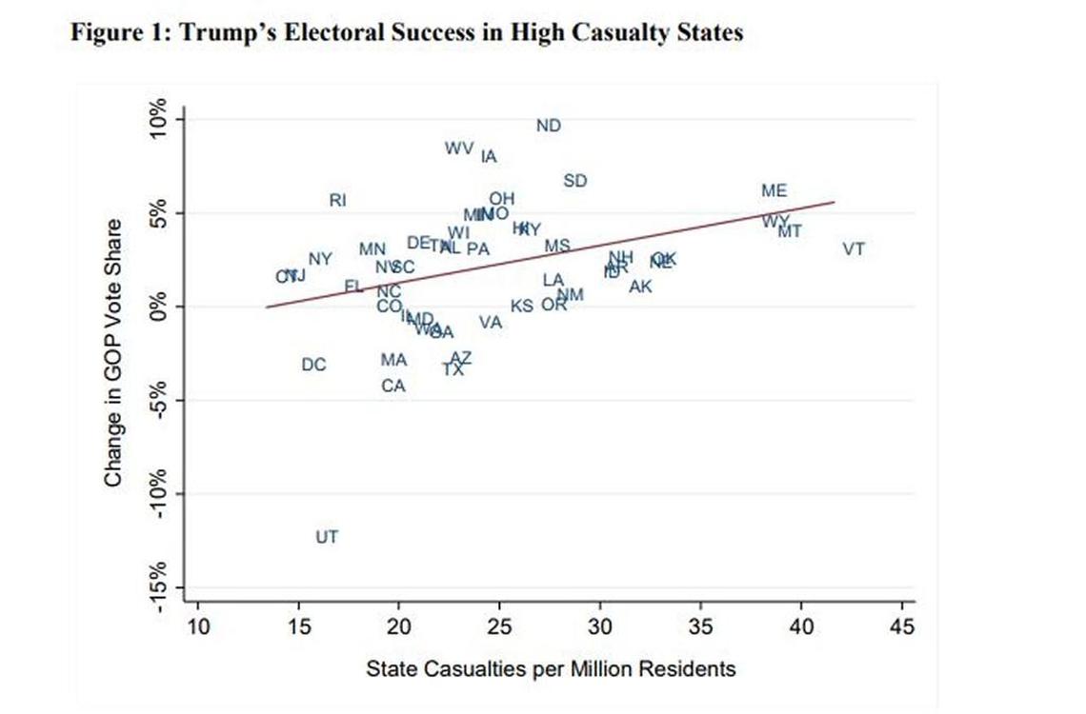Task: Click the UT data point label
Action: [327, 537]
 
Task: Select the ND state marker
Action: [549, 126]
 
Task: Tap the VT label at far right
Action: [854, 249]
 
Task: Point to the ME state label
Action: [774, 191]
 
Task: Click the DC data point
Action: [313, 365]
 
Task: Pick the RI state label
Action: [338, 200]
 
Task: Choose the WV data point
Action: [459, 149]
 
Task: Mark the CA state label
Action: [393, 386]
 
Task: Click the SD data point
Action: [575, 181]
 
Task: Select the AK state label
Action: [641, 286]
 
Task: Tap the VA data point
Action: [491, 323]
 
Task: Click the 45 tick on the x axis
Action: [900, 626]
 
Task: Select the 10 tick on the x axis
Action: [197, 626]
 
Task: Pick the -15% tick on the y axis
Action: [159, 584]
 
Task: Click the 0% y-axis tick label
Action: [159, 307]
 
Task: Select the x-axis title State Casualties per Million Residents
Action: [551, 669]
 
